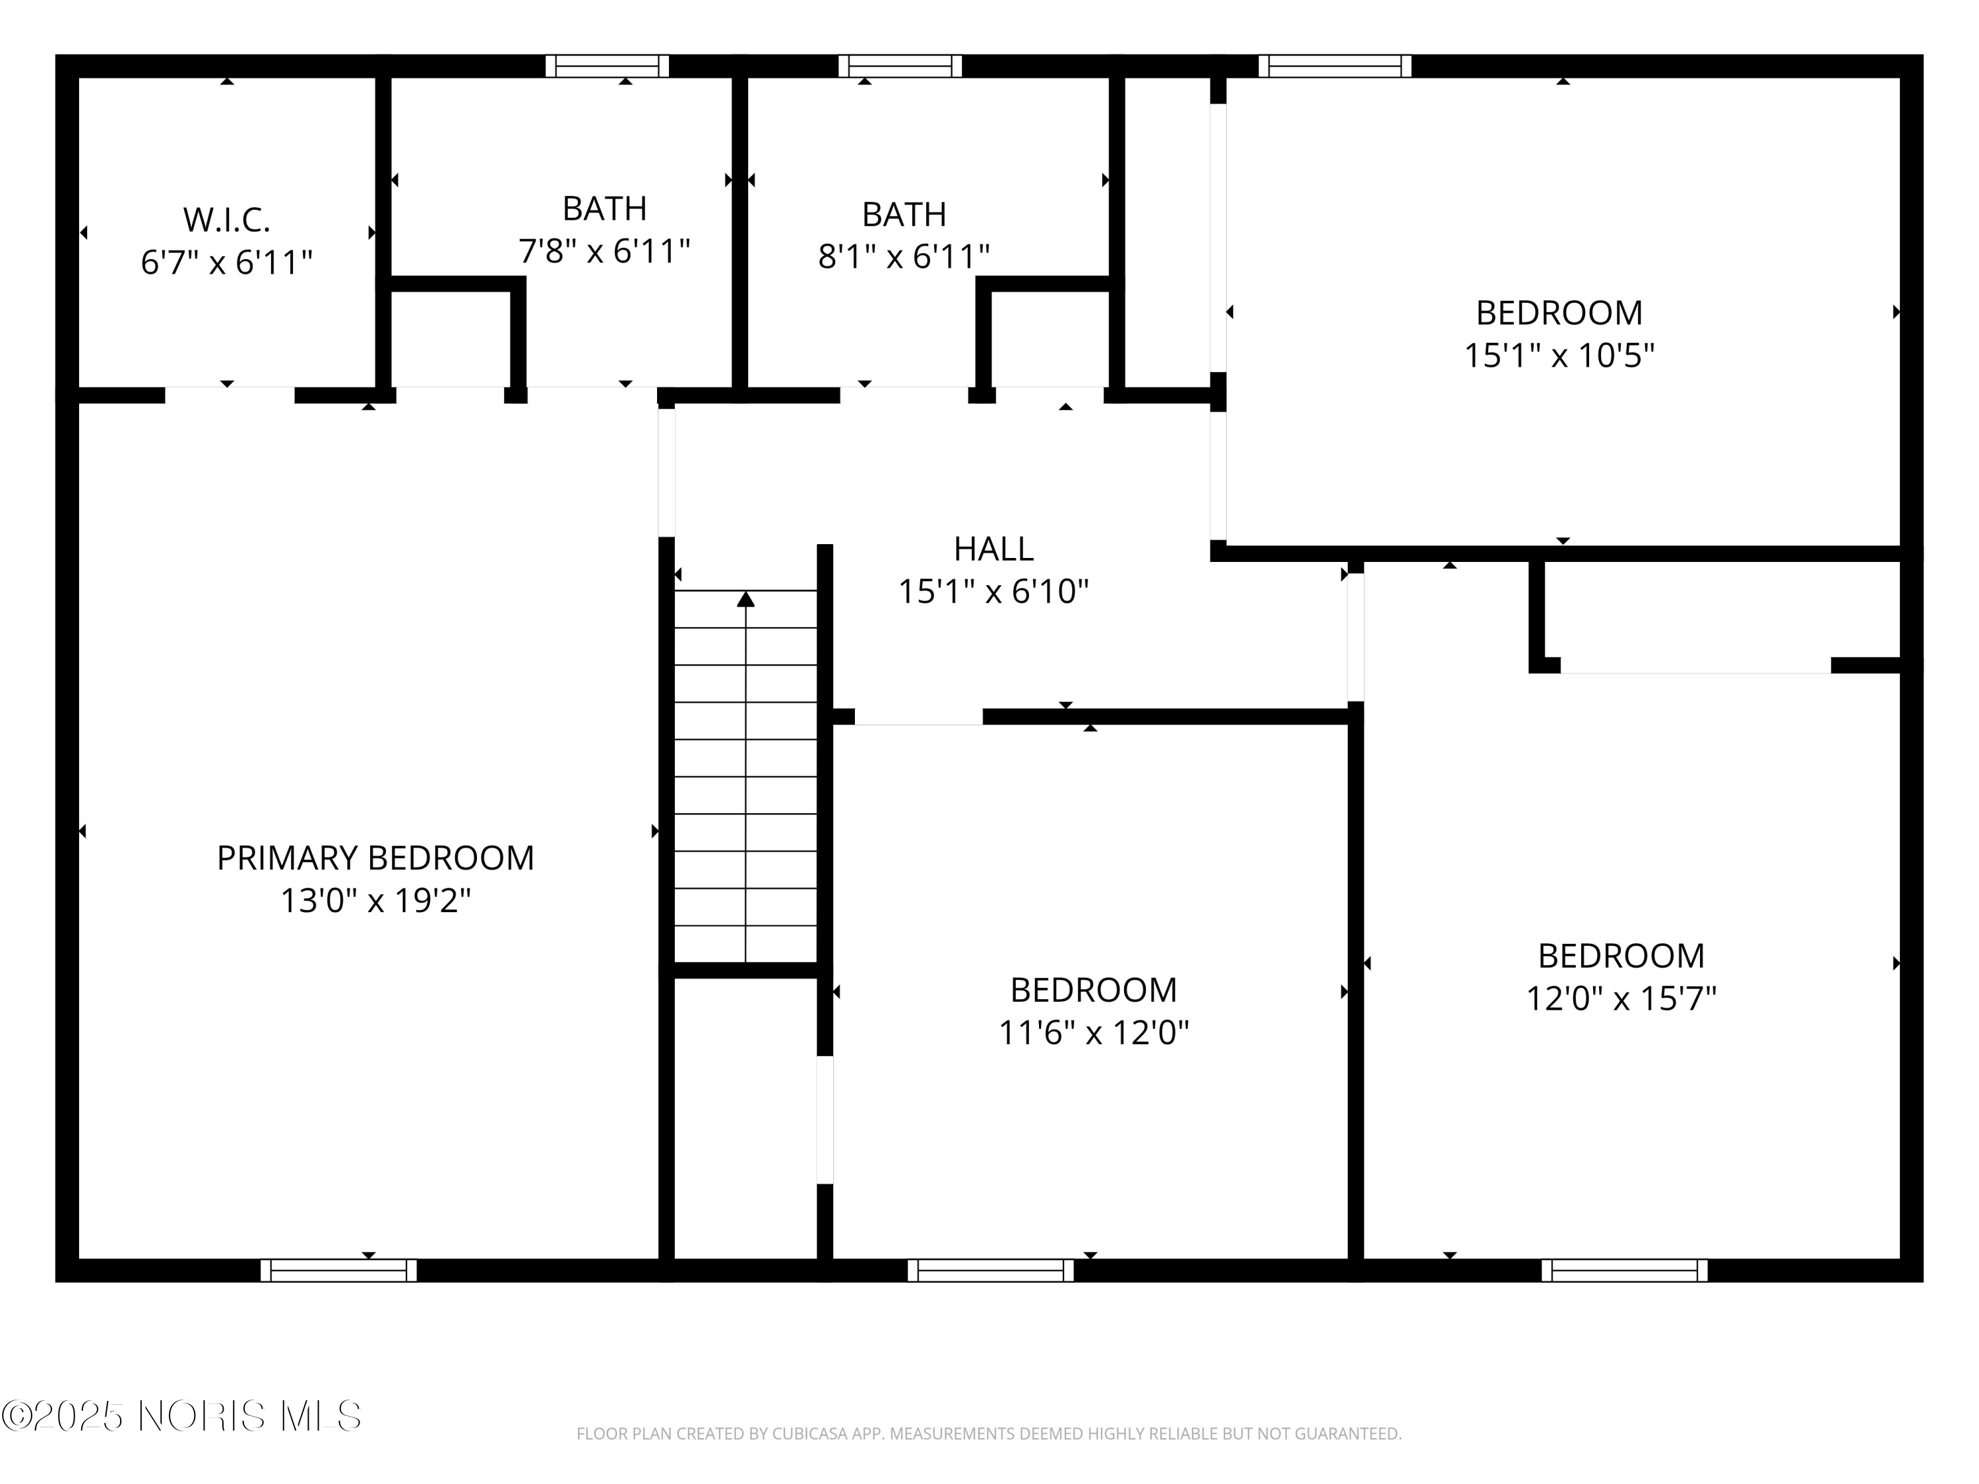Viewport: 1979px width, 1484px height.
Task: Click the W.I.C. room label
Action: (x=226, y=219)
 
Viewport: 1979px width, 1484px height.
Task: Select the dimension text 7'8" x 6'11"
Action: (x=605, y=251)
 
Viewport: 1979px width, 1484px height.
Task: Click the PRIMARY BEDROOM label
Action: (x=375, y=858)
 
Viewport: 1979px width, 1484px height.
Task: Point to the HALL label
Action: (x=993, y=548)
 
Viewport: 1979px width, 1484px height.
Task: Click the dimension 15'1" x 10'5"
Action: (x=1559, y=356)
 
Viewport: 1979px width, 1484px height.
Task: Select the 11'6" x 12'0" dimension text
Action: (x=1093, y=1033)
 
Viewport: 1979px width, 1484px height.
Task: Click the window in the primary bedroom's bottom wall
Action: (x=338, y=1270)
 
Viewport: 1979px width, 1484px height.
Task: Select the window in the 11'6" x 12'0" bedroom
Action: (x=990, y=1270)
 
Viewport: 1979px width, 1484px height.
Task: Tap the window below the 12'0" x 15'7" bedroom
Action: (x=1624, y=1270)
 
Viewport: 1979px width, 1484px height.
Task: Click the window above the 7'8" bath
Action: (x=608, y=66)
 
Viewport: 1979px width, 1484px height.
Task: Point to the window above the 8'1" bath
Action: (x=900, y=66)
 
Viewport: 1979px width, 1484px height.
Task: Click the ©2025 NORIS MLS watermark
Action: (x=181, y=1416)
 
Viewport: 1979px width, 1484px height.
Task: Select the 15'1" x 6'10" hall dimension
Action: (x=993, y=591)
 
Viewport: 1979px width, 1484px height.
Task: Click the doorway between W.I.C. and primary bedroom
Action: (x=230, y=395)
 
